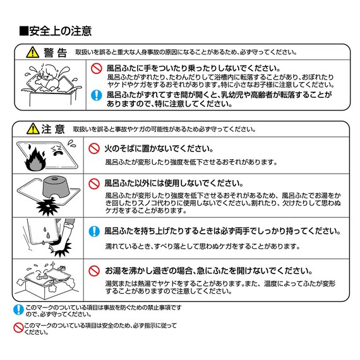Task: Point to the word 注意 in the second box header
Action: (53, 129)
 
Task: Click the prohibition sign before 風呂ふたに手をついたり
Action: (96, 68)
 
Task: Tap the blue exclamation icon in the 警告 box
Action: (96, 95)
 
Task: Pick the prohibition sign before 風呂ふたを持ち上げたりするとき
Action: (93, 231)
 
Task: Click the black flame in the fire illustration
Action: (35, 160)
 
